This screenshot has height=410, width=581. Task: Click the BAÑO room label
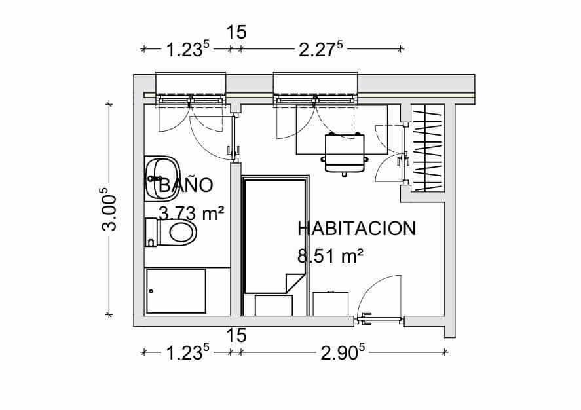[186, 185]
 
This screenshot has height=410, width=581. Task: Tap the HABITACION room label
[357, 228]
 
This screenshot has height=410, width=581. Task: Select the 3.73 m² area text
[191, 214]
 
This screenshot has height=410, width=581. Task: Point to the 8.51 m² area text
[330, 256]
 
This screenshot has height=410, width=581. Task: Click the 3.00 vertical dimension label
[109, 209]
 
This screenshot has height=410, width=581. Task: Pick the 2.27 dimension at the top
[321, 49]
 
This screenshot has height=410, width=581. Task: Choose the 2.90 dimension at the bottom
[343, 352]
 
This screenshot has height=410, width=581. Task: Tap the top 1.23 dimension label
[187, 49]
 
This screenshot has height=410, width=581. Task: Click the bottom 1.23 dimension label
[187, 352]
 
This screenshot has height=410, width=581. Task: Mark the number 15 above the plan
[236, 32]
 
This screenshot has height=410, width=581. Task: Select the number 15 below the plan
[236, 335]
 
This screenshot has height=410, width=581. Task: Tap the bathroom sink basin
[162, 179]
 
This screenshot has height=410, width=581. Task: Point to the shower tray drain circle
[151, 291]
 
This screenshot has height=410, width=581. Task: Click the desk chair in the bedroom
[345, 154]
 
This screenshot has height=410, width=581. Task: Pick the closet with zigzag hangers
[428, 148]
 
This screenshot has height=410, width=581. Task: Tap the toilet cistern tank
[151, 233]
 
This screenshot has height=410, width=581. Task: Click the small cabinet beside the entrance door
[331, 304]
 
